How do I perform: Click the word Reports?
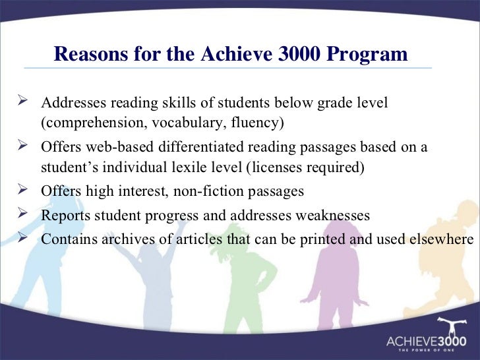point(63,215)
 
